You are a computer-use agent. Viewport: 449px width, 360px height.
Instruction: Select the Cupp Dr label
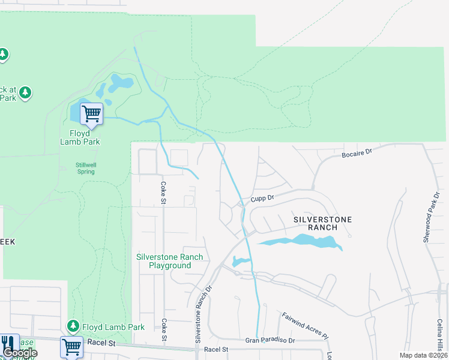(x=262, y=198)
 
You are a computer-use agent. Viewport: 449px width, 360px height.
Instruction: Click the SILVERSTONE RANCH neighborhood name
(x=322, y=223)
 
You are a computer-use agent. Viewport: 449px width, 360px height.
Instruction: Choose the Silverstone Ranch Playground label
(x=169, y=261)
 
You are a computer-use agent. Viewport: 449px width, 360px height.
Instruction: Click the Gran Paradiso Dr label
(x=270, y=340)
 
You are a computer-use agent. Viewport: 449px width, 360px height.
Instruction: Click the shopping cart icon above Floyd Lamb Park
(x=91, y=113)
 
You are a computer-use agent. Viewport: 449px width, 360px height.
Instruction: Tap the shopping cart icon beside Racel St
(x=71, y=346)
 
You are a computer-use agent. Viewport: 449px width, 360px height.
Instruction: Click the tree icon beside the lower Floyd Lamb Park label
(x=73, y=326)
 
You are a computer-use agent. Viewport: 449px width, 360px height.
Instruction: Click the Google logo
(x=20, y=353)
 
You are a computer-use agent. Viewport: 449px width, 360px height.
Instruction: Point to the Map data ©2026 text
(x=423, y=355)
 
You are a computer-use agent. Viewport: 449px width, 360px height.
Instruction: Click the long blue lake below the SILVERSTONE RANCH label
(x=300, y=241)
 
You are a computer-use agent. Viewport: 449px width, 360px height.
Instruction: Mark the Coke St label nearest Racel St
(x=164, y=330)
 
